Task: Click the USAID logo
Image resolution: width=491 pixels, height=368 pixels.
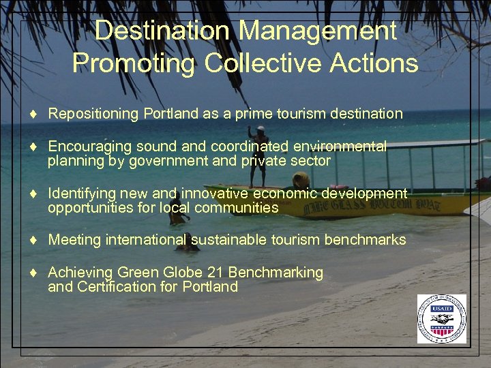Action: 442,319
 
